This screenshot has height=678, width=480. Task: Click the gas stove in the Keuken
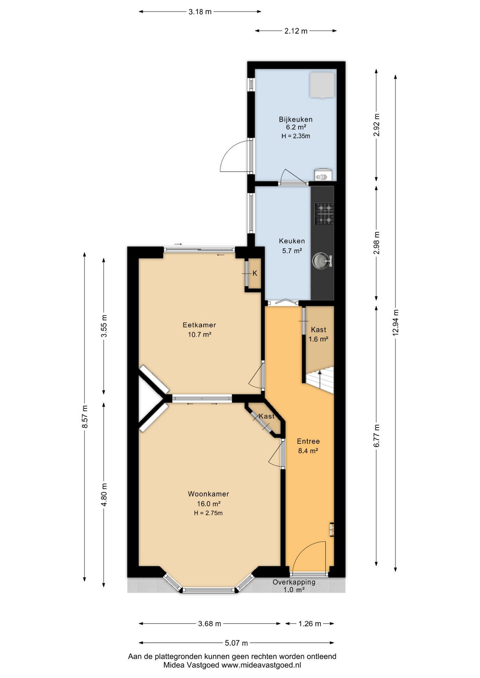[x=324, y=214]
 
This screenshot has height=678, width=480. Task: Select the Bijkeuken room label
[x=295, y=119]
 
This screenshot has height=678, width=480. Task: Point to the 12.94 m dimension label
[x=396, y=322]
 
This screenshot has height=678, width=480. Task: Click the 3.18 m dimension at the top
[x=200, y=12]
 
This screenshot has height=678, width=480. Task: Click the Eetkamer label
[x=199, y=325]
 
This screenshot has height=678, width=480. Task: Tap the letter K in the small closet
[x=255, y=273]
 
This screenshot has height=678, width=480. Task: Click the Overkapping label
[x=294, y=582]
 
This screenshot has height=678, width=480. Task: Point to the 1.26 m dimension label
[x=310, y=624]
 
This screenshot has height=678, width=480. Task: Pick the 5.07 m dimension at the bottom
[x=236, y=643]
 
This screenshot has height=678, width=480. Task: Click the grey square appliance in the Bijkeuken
[x=322, y=85]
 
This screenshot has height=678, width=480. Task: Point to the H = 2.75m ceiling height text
[x=208, y=513]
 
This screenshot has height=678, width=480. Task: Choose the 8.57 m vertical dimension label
[x=85, y=417]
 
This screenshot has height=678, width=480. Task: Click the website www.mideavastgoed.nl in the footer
[x=261, y=665]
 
